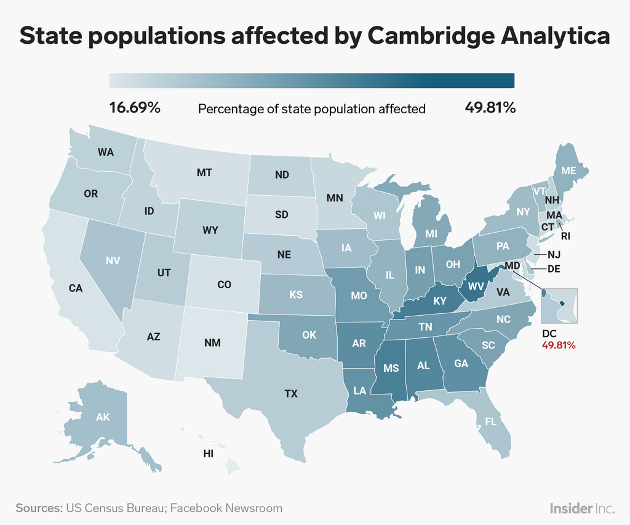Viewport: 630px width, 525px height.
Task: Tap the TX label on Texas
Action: pos(291,393)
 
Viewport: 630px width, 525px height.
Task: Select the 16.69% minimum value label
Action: pos(135,108)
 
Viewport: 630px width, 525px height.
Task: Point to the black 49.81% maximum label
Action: pos(490,108)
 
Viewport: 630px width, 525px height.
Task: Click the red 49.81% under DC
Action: pos(559,345)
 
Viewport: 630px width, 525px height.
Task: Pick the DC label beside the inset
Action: pos(549,334)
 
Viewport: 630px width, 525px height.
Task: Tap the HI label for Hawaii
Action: pos(209,454)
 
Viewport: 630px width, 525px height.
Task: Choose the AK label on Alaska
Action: pos(103,417)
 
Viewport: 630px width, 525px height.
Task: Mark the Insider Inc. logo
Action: pos(582,508)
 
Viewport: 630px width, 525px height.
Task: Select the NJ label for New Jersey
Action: pos(554,254)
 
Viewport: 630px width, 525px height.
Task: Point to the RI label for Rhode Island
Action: pos(565,234)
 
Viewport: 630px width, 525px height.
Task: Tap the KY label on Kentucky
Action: pos(439,301)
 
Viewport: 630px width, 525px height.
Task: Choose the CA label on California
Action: pos(75,287)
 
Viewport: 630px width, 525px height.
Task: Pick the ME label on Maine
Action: pos(568,170)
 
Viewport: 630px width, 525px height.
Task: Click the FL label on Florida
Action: pos(490,422)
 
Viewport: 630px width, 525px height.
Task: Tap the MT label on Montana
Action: pos(204,173)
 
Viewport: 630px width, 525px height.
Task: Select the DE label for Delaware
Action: pos(554,269)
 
